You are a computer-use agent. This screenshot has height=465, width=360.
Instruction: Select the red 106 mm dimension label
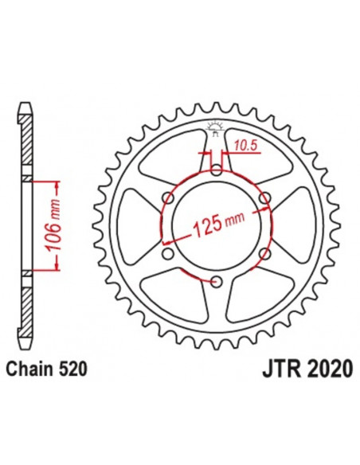click(x=56, y=227)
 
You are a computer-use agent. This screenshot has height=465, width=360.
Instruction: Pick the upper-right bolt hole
click(x=265, y=197)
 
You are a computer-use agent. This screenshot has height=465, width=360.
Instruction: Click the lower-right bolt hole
click(x=265, y=252)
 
